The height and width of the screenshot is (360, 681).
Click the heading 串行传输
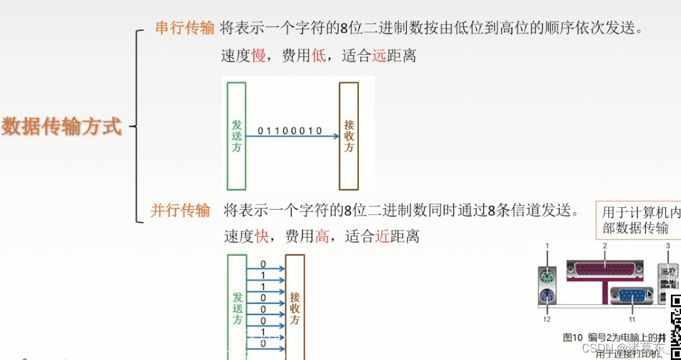[184, 28]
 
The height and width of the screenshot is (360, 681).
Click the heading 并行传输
[180, 210]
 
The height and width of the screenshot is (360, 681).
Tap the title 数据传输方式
[61, 126]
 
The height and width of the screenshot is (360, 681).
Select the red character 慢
[258, 56]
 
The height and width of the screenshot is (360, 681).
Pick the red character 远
[378, 56]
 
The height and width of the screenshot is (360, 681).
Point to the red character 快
[262, 237]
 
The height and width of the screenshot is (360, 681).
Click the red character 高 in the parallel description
[322, 237]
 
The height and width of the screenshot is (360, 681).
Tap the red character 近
[382, 237]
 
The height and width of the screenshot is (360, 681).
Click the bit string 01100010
[289, 131]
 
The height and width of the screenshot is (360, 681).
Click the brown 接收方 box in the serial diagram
[349, 136]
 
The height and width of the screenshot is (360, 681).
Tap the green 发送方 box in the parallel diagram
[237, 306]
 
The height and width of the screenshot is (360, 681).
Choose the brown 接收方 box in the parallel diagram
[294, 306]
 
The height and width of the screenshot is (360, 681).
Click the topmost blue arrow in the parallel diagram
[265, 268]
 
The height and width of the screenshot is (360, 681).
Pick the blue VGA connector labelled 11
[632, 296]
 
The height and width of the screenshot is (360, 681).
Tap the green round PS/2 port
[547, 276]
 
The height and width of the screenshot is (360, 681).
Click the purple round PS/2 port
[547, 296]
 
